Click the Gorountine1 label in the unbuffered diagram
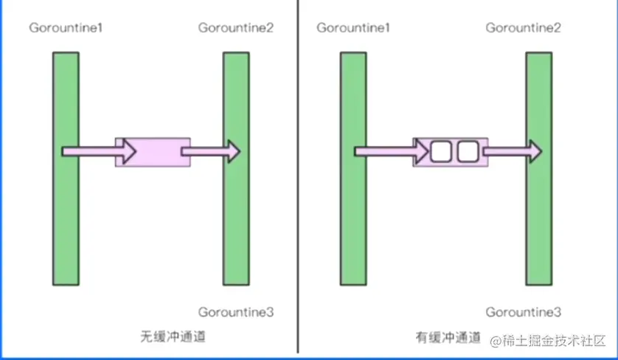[66, 29]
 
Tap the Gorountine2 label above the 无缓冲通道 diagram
[235, 29]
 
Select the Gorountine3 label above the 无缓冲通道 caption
[235, 312]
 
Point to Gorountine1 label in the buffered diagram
[353, 29]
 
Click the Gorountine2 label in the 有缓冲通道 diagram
[523, 29]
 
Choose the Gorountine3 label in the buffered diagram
[523, 312]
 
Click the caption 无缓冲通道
[173, 337]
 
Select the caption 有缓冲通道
[446, 337]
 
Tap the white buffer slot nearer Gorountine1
[441, 152]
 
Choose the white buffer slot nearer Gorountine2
[468, 152]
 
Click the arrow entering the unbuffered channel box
[100, 151]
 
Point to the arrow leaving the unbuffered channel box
[210, 152]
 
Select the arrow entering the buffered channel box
[391, 152]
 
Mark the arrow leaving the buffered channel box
[513, 152]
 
